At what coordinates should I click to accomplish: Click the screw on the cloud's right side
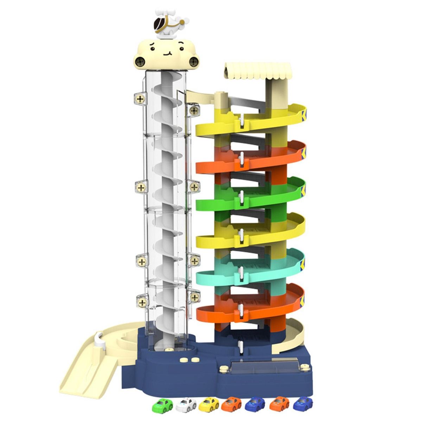click(x=193, y=63)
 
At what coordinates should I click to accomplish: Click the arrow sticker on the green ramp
click(x=303, y=190)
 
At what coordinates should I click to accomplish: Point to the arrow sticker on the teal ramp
click(x=303, y=263)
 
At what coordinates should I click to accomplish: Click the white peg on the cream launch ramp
click(x=99, y=339)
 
